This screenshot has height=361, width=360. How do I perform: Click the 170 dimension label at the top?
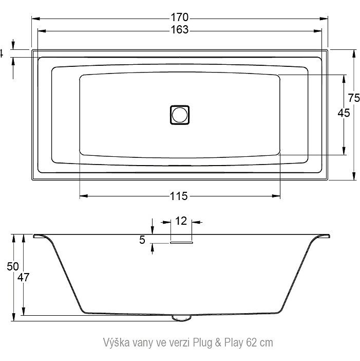pos(180,17)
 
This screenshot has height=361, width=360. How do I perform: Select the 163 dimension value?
pos(180,30)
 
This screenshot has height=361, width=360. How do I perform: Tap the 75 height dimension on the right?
pos(353,98)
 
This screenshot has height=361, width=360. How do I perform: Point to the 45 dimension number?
pos(344,113)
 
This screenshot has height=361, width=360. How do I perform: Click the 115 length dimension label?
pos(179,196)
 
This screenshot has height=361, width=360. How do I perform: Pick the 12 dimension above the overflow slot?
pos(181,221)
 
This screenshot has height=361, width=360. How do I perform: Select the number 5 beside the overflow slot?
pos(142,240)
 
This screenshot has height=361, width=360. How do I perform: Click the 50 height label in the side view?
pos(13,266)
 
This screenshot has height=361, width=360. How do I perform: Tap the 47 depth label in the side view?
pos(24,277)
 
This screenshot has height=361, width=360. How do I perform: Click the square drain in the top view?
pos(180,115)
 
